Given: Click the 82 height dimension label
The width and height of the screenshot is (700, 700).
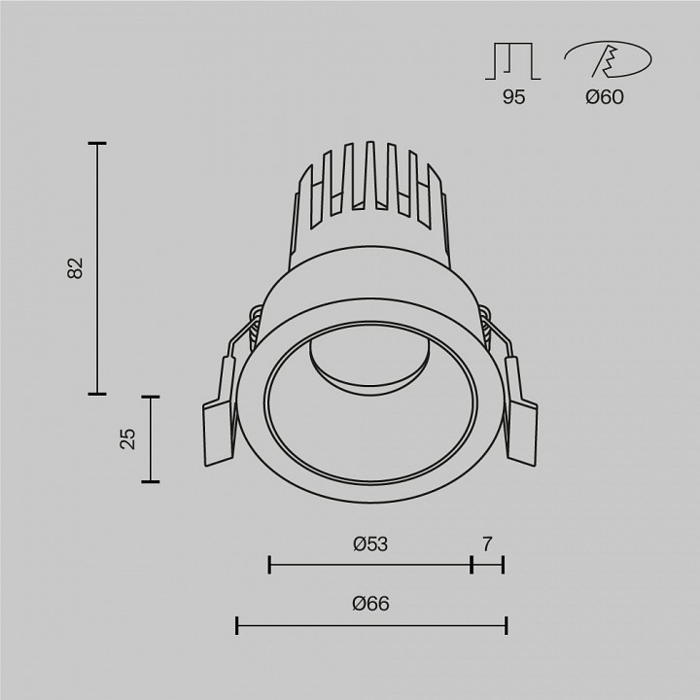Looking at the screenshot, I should tap(76, 269).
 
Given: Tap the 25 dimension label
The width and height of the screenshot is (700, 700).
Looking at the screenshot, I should tap(127, 439).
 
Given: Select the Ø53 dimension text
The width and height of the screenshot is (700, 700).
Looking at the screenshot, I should tap(370, 544).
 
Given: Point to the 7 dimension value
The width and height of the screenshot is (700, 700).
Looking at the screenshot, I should tap(487, 544).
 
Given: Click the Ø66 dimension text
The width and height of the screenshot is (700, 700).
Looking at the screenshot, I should tap(370, 604).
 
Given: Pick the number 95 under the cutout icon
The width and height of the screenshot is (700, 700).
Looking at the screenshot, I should tap(513, 97).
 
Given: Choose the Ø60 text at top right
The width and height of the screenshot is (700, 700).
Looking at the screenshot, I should tap(606, 97).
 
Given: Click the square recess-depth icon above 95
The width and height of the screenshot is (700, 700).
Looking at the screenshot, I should tap(512, 60).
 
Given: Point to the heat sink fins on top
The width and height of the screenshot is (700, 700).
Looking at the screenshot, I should tap(370, 180).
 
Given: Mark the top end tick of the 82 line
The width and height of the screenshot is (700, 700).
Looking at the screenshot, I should tap(96, 144).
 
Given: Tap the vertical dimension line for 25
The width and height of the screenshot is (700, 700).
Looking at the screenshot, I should tap(149, 439).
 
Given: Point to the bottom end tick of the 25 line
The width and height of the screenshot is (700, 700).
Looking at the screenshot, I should tap(149, 481).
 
